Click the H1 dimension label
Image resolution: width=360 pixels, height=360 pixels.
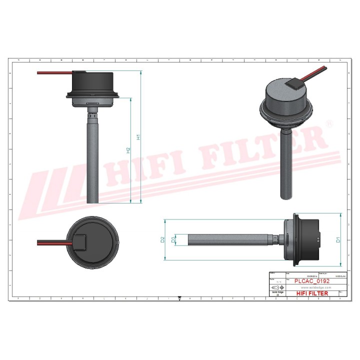pos(138,136)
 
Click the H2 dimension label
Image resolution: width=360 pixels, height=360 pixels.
pos(128,150)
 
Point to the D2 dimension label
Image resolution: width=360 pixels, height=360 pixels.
pos(162,239)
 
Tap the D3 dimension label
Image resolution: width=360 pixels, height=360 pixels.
pos(173,239)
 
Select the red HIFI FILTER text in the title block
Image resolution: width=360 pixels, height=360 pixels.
pos(312,293)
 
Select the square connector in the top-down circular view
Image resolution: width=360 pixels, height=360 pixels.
pos(81,243)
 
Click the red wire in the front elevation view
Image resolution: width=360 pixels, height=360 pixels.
pos(55,73)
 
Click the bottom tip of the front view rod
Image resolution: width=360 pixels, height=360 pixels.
pos(93,202)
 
